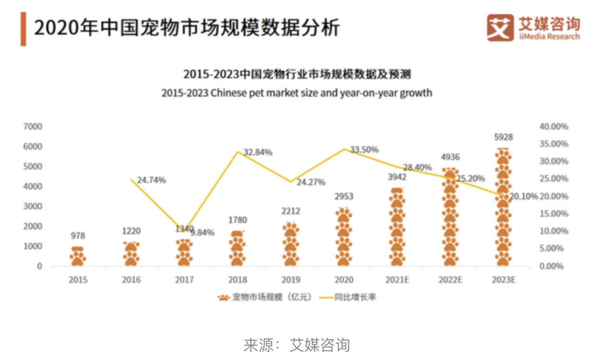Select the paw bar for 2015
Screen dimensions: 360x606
tap(78, 256)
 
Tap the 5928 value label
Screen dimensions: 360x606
tap(503, 137)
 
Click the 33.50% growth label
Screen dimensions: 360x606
tap(364, 150)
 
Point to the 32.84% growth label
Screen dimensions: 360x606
tap(258, 152)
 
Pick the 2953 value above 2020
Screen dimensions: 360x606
tap(343, 196)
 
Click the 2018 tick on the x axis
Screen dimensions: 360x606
tap(238, 280)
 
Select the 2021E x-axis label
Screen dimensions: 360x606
tap(397, 280)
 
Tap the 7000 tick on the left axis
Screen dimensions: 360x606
tap(33, 127)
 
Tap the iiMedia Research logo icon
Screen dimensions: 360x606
tap(500, 27)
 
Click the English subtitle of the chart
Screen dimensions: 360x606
tap(296, 92)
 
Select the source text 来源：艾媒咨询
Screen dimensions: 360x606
tap(296, 345)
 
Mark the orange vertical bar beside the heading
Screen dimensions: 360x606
tap(23, 29)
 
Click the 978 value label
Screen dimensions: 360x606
tap(78, 236)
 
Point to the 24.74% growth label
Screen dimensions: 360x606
tap(151, 180)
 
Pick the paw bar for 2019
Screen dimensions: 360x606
tap(291, 244)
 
